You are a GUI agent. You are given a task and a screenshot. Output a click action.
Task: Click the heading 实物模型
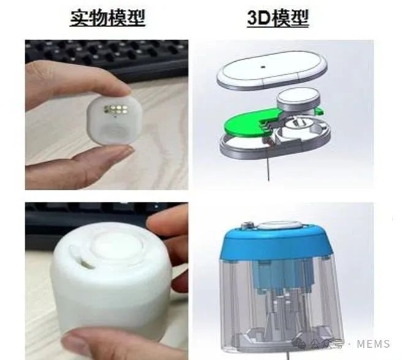click(107, 18)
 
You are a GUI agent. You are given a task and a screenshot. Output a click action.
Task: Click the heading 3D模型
click(277, 18)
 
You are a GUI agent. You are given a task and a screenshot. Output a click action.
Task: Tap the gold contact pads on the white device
click(116, 110)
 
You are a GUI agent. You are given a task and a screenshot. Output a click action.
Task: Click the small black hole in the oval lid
click(263, 67)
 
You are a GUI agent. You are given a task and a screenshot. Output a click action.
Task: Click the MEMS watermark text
click(373, 344)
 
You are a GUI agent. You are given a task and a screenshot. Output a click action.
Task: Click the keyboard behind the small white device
click(107, 58)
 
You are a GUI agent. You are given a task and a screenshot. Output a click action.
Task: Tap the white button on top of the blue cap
click(279, 225)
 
